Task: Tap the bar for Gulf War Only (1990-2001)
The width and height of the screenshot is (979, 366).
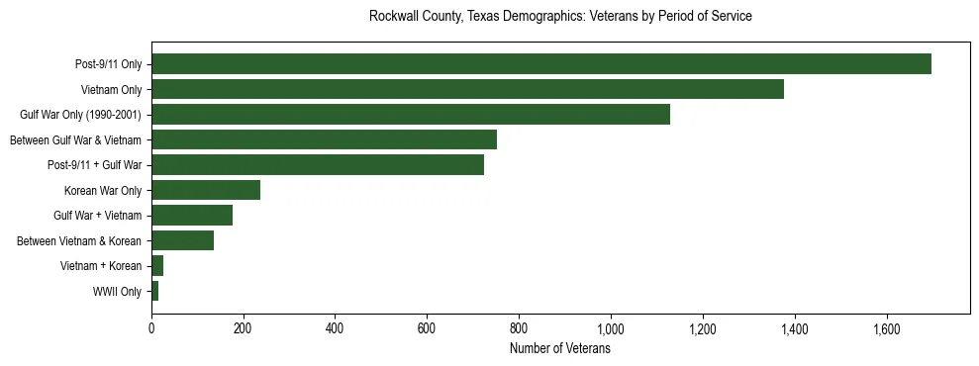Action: [x=411, y=115]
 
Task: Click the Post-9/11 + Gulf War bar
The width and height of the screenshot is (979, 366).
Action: [x=318, y=165]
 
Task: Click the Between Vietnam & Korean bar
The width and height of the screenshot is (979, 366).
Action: [x=182, y=240]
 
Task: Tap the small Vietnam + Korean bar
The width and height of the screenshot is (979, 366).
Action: [x=157, y=266]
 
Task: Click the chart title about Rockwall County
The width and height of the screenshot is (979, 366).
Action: [x=560, y=17]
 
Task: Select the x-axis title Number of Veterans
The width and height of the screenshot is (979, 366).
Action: [x=560, y=349]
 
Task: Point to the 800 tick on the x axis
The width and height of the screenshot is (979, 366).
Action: [x=519, y=328]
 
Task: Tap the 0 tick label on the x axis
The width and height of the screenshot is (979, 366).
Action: [x=151, y=328]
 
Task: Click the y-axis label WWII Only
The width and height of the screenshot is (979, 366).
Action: [x=117, y=292]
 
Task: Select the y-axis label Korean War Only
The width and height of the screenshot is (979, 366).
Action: [x=103, y=191]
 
